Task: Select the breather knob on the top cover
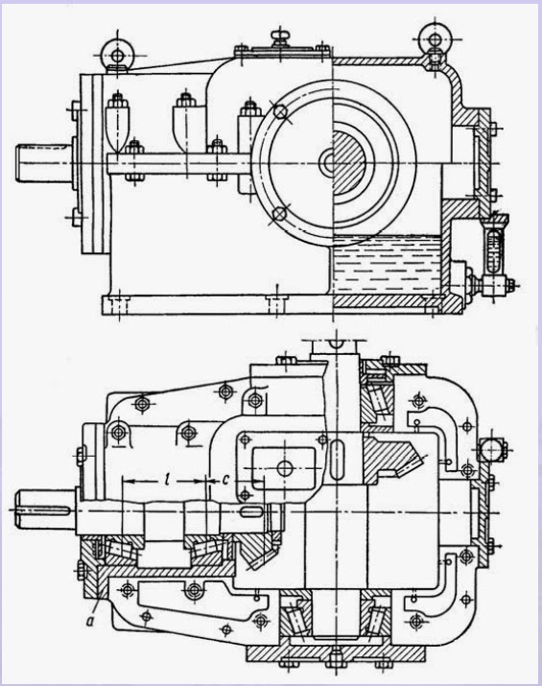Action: tap(280, 37)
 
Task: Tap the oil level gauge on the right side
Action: tap(495, 248)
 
